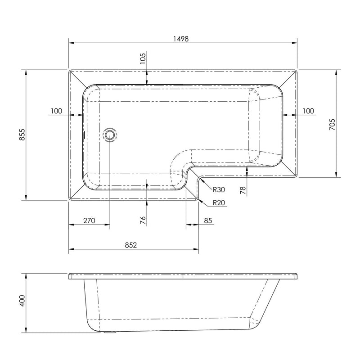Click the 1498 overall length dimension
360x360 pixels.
[x=181, y=39]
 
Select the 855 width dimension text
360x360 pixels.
[x=22, y=135]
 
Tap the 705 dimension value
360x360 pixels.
[x=332, y=125]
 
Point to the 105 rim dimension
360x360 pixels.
[x=143, y=58]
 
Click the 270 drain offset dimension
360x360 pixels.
[x=89, y=220]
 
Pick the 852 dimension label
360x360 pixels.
[x=131, y=245]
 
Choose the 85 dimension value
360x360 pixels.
[x=208, y=220]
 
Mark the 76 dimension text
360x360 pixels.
[x=143, y=220]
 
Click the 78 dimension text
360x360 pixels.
[x=243, y=190]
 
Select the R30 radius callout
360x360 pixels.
[x=219, y=189]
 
